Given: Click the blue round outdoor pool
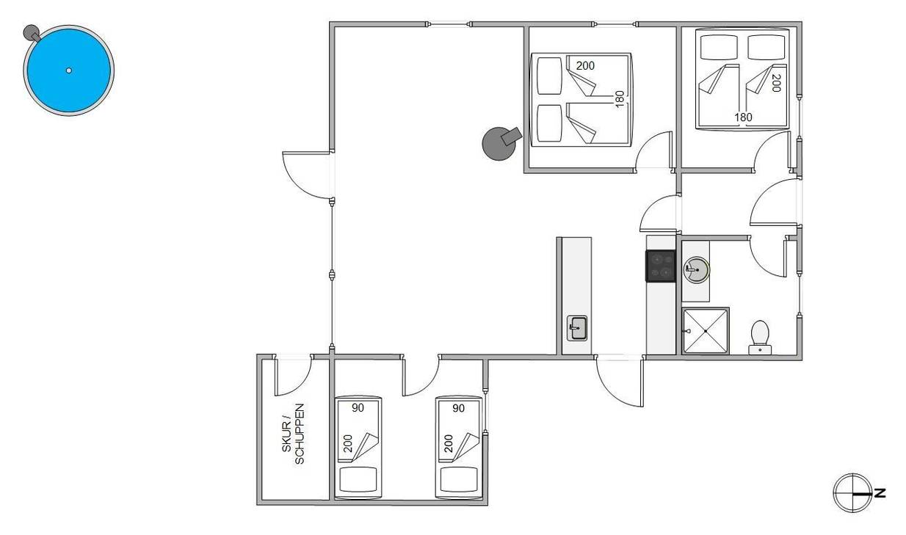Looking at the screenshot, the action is (69, 70).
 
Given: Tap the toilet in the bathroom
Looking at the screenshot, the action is (760, 338).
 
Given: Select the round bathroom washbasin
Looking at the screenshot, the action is (696, 270).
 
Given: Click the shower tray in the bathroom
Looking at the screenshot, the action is (706, 331).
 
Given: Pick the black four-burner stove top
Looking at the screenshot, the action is (661, 266).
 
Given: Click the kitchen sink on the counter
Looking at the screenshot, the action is (577, 328).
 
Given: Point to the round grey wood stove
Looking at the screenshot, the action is (500, 143).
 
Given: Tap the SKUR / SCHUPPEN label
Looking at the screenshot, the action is (293, 434).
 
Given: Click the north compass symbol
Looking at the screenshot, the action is (852, 493).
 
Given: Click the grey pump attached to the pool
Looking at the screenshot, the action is (31, 33).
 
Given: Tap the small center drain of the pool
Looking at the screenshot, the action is (69, 70).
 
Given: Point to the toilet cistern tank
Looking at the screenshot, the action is (760, 350).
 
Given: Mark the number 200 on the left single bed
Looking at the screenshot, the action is (347, 443).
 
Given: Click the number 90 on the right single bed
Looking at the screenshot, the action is (458, 408).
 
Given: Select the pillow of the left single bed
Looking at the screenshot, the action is (358, 480).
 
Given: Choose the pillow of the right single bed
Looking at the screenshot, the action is (459, 480).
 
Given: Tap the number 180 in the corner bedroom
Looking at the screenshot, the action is (743, 117).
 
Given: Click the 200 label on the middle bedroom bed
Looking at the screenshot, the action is (585, 65).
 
